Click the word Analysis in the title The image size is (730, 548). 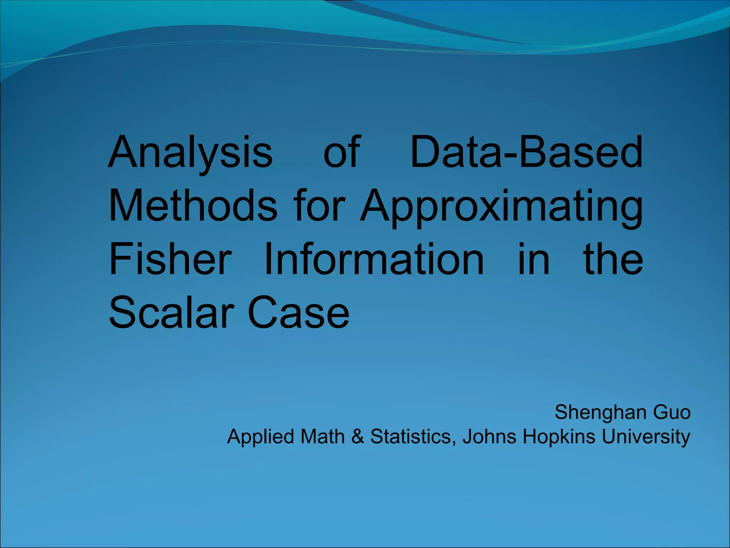190,153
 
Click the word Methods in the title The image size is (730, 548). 193,206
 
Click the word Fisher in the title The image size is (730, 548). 170,259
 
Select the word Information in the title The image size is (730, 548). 374,259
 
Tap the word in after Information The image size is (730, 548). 533,259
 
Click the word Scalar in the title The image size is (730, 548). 171,313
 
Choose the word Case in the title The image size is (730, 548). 298,313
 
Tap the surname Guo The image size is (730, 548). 672,413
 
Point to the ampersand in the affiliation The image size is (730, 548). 358,436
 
